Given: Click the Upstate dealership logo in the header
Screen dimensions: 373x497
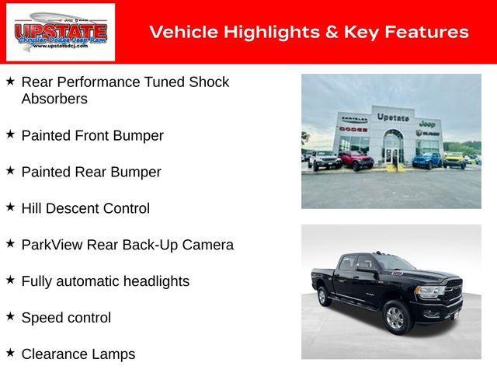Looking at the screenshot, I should (60, 32).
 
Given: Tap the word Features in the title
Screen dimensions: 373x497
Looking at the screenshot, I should (426, 32).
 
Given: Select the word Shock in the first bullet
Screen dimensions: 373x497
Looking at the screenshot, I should (210, 82).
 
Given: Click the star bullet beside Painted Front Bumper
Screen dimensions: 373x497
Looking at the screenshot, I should (10, 134).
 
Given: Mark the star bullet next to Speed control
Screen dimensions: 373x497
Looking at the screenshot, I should (10, 316).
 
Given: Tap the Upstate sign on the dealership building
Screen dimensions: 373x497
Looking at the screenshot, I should (393, 117).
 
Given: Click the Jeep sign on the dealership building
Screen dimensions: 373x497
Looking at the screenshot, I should (426, 123).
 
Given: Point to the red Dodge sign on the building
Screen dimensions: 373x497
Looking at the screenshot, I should (353, 128).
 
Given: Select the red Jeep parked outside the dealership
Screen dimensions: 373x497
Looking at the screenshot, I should (356, 161).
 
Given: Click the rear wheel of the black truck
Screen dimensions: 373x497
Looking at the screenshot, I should (323, 296).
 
